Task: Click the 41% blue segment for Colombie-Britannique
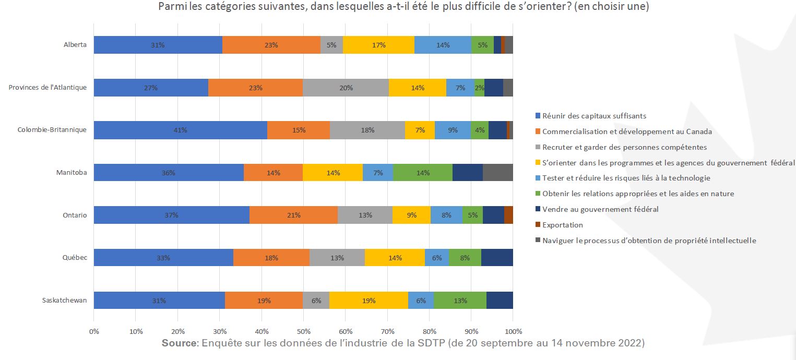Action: (181, 130)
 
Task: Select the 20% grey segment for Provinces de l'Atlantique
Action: (346, 88)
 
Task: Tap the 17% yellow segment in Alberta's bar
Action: (378, 45)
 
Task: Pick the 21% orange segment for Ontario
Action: (293, 215)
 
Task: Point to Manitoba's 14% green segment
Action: (423, 173)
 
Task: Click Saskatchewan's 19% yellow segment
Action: (369, 301)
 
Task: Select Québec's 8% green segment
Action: (465, 258)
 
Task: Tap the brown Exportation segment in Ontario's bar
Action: (508, 215)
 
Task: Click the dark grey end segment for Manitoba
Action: (498, 173)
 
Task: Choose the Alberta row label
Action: (75, 45)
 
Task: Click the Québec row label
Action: (75, 258)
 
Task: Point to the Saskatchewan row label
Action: (65, 301)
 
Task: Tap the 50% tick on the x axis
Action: (303, 331)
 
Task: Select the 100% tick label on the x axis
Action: (513, 331)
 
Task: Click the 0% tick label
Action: (94, 331)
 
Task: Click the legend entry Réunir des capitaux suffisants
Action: (594, 116)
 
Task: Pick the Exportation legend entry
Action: (562, 225)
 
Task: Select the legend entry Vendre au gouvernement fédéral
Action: (600, 209)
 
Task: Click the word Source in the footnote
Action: (179, 343)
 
